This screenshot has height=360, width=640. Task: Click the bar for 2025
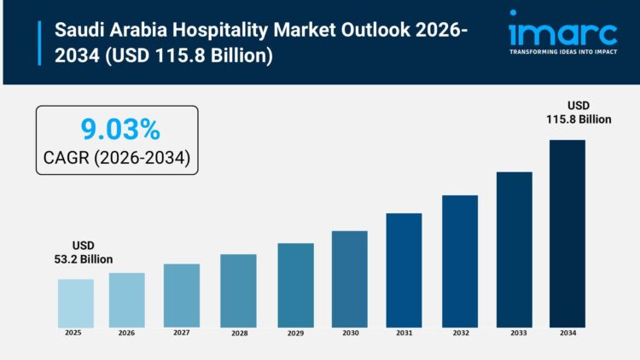(76, 303)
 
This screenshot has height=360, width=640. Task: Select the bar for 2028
(238, 291)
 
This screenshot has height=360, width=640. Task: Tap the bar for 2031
(404, 270)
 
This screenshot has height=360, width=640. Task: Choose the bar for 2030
(349, 279)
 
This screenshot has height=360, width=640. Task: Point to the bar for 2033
(514, 249)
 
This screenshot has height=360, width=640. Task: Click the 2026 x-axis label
(126, 334)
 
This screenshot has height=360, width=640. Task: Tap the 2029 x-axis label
(294, 334)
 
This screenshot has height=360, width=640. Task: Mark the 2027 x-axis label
(181, 334)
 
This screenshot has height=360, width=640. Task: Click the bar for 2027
(182, 295)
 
